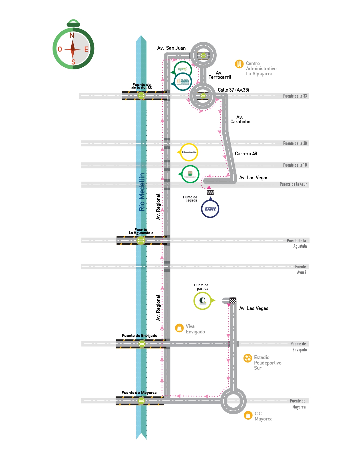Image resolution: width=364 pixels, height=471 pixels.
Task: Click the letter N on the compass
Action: click(72, 35)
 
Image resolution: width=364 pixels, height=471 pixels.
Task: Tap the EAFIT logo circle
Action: click(210, 209)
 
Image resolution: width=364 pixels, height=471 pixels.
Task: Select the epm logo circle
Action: click(183, 69)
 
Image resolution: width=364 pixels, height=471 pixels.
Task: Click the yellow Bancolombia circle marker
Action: click(189, 152)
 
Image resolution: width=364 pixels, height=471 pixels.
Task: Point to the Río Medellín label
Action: click(142, 192)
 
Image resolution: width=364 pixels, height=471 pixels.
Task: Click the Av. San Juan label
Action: click(171, 48)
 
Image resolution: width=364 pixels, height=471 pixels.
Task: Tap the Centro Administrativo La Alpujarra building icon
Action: click(239, 64)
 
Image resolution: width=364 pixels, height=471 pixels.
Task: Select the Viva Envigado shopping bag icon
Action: click(179, 328)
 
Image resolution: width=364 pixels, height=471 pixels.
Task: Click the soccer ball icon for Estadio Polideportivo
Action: click(248, 358)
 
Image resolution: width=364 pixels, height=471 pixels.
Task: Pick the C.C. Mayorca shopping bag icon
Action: click(248, 415)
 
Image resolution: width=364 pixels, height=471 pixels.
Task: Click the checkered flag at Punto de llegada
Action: click(210, 193)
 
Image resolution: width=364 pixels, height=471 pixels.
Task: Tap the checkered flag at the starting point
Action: click(233, 300)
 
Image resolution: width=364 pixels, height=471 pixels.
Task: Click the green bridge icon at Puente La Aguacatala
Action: click(141, 241)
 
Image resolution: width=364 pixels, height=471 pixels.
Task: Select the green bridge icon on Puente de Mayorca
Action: click(141, 401)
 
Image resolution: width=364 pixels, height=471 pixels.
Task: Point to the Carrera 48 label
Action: click(246, 154)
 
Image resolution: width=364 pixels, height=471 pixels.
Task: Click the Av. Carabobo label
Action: click(240, 120)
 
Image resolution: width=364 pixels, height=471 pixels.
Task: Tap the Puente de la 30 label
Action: click(295, 143)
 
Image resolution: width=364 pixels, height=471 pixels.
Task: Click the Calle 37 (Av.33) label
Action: click(233, 90)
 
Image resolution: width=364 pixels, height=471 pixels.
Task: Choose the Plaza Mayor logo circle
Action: click(183, 82)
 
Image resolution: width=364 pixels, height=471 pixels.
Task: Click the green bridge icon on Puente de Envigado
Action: click(142, 344)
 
